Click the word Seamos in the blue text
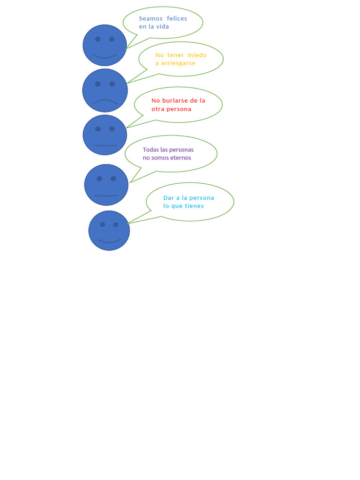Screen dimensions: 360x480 click(150, 19)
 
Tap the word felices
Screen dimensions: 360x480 click(177, 19)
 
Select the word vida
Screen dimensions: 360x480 click(162, 27)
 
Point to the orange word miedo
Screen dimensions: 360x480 click(197, 55)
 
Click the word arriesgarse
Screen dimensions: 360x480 click(178, 63)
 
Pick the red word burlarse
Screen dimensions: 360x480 click(175, 101)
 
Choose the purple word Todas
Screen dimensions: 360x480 click(151, 150)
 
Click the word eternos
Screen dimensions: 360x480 click(180, 158)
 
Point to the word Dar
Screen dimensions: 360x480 click(169, 198)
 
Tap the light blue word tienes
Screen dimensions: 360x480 click(194, 206)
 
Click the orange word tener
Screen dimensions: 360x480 click(176, 55)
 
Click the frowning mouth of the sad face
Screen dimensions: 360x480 click(105, 101)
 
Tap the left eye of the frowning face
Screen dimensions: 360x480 click(98, 84)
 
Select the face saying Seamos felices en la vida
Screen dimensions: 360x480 click(105, 45)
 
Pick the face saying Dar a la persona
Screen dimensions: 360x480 click(109, 231)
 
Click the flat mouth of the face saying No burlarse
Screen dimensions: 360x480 click(105, 145)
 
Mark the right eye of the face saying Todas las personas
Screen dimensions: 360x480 click(113, 179)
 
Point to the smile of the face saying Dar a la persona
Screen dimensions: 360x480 click(109, 241)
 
